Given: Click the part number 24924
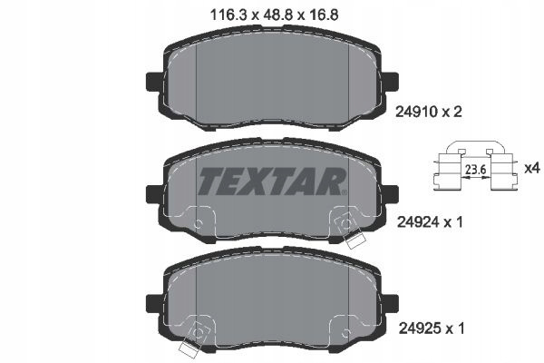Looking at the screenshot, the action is pyautogui.click(x=417, y=222).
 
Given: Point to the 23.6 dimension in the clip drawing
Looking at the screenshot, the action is pyautogui.click(x=475, y=170).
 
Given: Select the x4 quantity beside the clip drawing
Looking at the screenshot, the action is pyautogui.click(x=532, y=169).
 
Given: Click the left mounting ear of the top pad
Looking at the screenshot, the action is pyautogui.click(x=153, y=82).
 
